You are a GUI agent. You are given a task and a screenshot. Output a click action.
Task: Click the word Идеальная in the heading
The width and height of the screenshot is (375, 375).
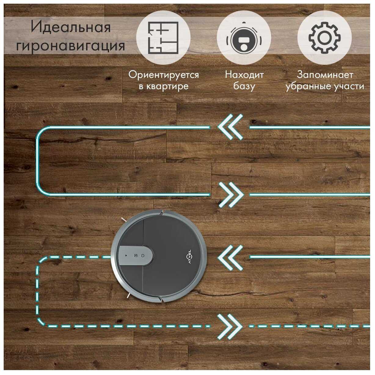point(71,28)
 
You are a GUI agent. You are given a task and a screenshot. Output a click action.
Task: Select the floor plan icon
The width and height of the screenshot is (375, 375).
point(163,38)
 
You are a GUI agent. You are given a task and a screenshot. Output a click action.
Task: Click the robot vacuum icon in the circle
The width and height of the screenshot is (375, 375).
point(244,38)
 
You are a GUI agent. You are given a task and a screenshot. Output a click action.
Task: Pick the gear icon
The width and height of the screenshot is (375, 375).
point(324,38)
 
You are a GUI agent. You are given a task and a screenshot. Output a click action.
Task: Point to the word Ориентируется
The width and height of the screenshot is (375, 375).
point(163,75)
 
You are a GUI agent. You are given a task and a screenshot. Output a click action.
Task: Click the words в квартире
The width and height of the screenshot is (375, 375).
point(163,86)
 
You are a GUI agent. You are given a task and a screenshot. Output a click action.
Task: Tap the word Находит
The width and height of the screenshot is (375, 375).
point(244,75)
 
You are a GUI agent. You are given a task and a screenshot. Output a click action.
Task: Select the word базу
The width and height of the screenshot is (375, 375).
point(244,86)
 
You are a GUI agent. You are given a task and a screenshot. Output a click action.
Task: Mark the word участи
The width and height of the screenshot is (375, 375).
point(348,86)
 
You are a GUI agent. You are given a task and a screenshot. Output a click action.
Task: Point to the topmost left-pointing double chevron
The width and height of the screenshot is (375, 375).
point(230,127)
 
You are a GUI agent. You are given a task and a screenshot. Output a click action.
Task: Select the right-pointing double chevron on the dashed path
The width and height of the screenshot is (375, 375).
point(230,327)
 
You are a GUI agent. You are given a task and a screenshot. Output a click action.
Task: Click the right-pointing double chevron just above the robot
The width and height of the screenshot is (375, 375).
point(231,195)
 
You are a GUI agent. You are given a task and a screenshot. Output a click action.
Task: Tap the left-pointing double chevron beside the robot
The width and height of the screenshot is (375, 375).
point(230,257)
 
